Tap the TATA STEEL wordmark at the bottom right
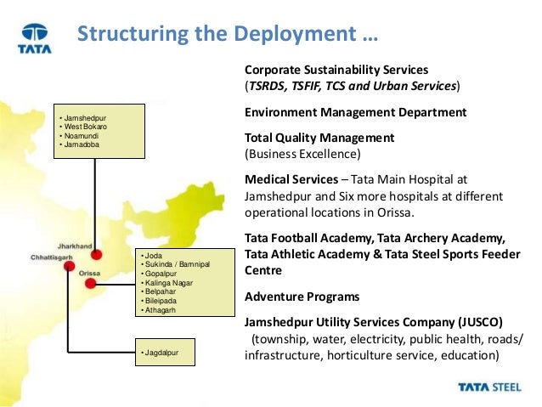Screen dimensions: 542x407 point(492,387)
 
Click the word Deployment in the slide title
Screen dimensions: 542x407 point(292,37)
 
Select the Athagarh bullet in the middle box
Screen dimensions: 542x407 point(163,309)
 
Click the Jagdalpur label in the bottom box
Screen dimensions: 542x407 point(164,350)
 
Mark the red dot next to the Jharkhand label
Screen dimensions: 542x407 point(96,254)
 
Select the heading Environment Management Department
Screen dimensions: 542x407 point(355,112)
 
